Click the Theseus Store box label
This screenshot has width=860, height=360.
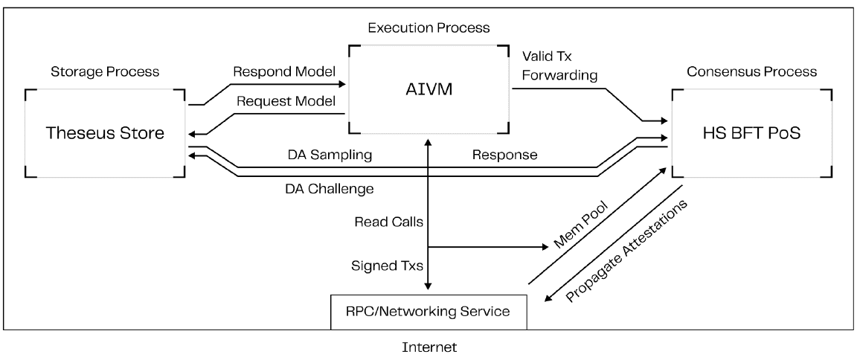coord(105,133)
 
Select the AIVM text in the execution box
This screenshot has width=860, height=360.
coord(429,90)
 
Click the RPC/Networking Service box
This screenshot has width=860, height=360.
coord(429,311)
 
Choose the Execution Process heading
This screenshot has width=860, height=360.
coord(428,28)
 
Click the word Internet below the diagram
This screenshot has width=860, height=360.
coord(429,346)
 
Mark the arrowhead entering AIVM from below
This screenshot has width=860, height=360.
coord(429,141)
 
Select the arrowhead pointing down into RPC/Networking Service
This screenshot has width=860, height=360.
coord(429,287)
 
